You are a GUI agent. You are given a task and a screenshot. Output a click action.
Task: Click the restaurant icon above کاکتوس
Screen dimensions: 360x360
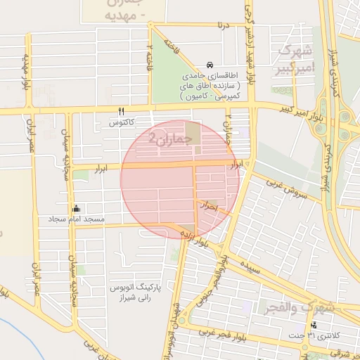point(121,112)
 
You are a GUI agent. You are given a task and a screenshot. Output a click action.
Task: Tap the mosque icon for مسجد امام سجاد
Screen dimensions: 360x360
point(76,209)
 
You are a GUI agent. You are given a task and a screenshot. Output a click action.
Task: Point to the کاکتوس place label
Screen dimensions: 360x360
point(121,123)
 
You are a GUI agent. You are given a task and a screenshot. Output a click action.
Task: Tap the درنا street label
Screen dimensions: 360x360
point(224,27)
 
